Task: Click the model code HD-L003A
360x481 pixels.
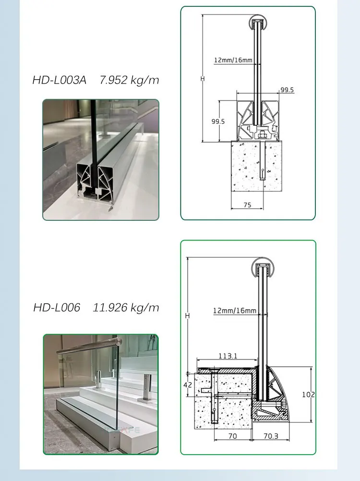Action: click(x=59, y=80)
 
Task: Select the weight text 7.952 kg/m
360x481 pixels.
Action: click(x=129, y=80)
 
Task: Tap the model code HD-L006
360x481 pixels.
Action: click(x=57, y=307)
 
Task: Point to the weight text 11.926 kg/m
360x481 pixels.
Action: click(x=126, y=307)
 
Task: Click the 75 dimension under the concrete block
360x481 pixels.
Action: click(x=247, y=204)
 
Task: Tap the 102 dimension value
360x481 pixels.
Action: click(x=308, y=395)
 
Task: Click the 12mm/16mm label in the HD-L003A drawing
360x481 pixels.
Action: click(x=233, y=60)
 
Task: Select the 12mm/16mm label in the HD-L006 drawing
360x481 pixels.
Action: click(x=235, y=311)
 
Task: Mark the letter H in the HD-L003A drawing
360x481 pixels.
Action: click(x=203, y=78)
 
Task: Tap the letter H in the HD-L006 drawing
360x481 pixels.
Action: click(x=187, y=315)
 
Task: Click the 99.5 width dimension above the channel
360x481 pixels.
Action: click(x=287, y=90)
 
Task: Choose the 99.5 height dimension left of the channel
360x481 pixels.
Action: click(x=218, y=121)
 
